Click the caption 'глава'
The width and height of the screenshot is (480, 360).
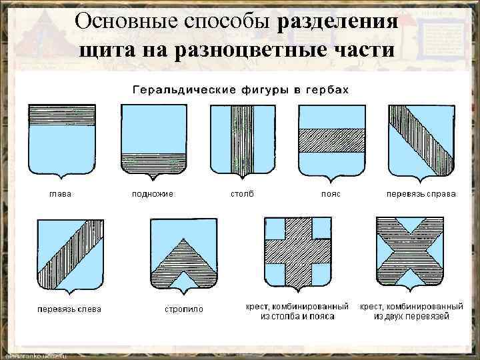tap(61, 194)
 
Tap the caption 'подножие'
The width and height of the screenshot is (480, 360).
tap(153, 194)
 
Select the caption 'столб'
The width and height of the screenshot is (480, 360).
tap(242, 194)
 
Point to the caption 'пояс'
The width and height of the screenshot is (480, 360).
tap(331, 194)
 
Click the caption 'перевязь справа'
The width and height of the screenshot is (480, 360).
tap(421, 194)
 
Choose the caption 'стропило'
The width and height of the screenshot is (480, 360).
tap(184, 309)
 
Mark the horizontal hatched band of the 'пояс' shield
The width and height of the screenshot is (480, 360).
tap(331, 140)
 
